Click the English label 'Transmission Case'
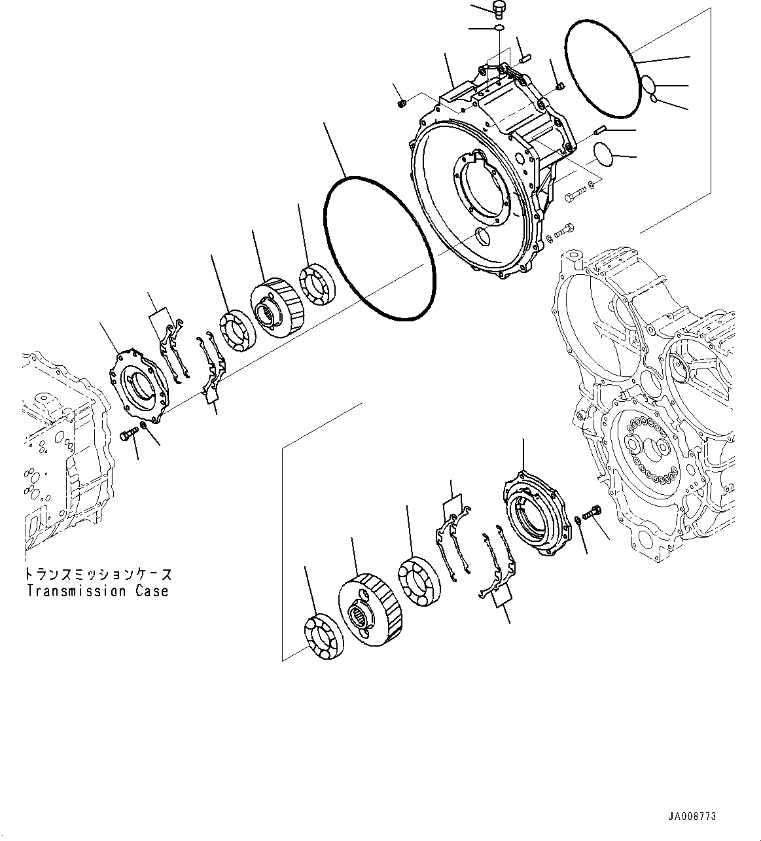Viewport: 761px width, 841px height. (97, 591)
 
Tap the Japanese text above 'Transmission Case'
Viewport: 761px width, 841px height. (98, 574)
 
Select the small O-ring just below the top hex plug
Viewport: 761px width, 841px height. (499, 28)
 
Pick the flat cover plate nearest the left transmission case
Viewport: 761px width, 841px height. (139, 389)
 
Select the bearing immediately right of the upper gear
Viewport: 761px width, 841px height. (317, 285)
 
